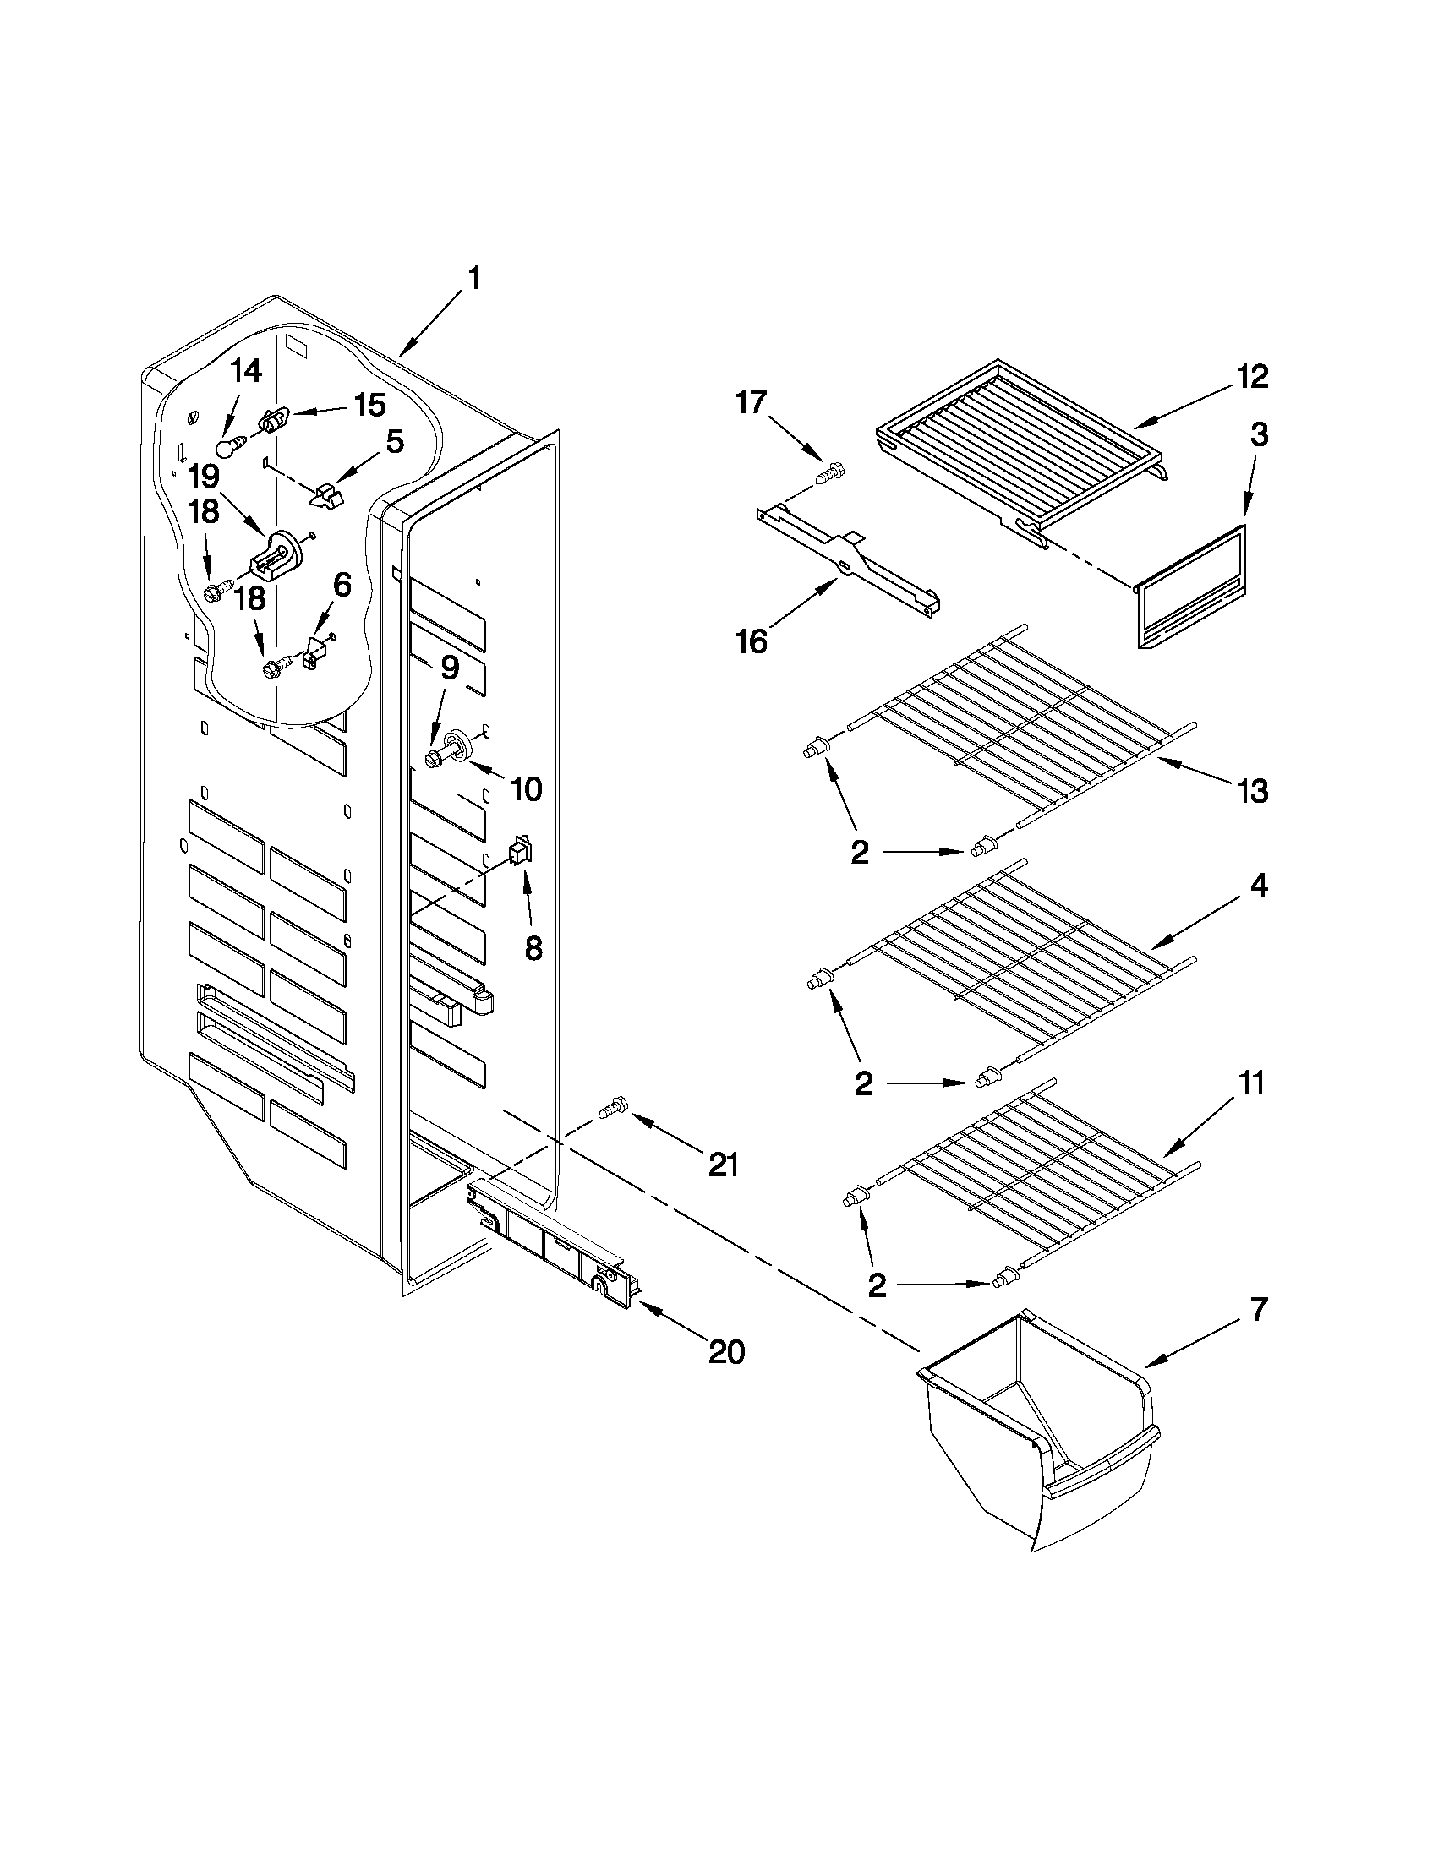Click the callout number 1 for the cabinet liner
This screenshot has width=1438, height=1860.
point(474,280)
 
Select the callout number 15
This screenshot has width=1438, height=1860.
point(369,405)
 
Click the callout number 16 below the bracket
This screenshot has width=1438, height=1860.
point(751,641)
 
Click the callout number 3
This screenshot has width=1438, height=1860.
point(1259,435)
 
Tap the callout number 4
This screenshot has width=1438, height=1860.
point(1258,886)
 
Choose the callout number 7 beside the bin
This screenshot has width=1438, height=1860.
point(1258,1309)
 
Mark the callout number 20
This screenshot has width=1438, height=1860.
point(727,1351)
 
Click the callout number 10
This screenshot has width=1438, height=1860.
point(526,789)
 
